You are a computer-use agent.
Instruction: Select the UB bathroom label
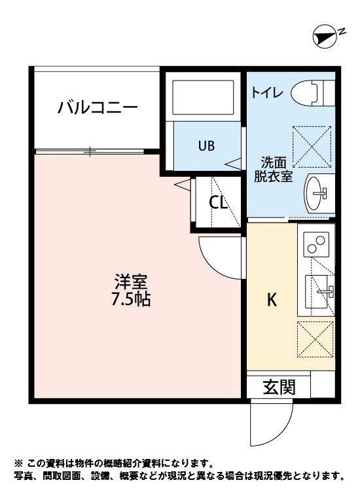coord(206,145)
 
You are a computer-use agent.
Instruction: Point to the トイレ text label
coord(267,93)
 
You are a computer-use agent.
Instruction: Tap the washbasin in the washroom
coord(318,193)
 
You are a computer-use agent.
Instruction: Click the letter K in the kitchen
coord(271,300)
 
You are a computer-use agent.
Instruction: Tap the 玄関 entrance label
coord(279,387)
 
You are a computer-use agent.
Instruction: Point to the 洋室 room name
coord(131,283)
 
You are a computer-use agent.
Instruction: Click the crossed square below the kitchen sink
coord(315,339)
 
